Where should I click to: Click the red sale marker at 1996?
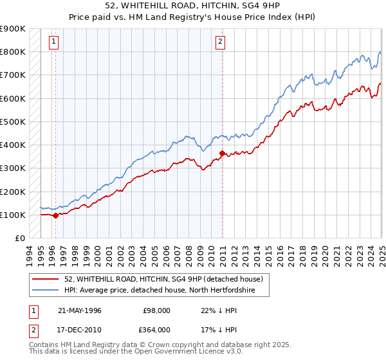(x=55, y=216)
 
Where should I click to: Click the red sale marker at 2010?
(x=223, y=153)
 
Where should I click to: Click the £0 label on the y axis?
(x=19, y=238)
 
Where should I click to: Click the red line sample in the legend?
(x=46, y=279)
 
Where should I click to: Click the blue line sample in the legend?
(x=46, y=291)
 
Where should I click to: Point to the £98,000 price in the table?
(x=157, y=310)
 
